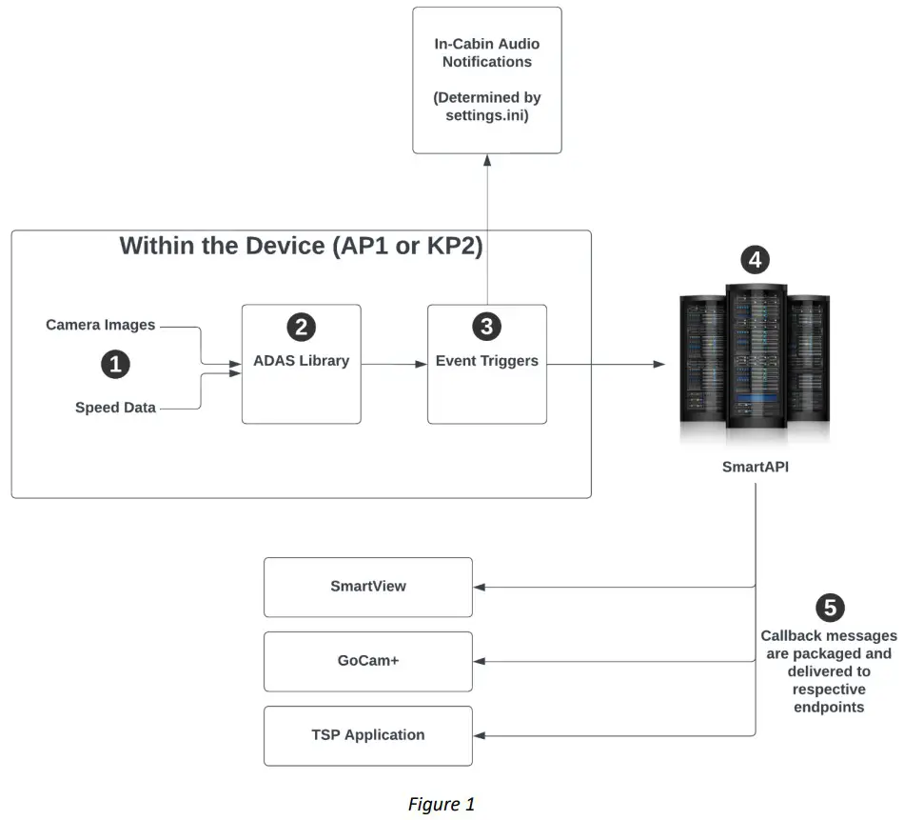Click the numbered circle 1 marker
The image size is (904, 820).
pyautogui.click(x=115, y=364)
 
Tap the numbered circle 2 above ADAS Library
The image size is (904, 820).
pyautogui.click(x=301, y=327)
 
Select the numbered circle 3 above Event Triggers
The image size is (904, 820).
pyautogui.click(x=486, y=327)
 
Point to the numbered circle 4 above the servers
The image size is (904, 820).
pyautogui.click(x=755, y=260)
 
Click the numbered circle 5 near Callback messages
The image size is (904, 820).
pyautogui.click(x=830, y=608)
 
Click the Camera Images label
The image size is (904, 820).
pyautogui.click(x=100, y=326)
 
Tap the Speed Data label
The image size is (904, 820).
pyautogui.click(x=115, y=408)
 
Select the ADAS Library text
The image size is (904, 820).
pyautogui.click(x=301, y=361)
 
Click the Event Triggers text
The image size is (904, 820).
pyautogui.click(x=486, y=361)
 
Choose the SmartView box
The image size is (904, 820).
pyautogui.click(x=367, y=587)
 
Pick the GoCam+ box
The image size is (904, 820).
pyautogui.click(x=367, y=661)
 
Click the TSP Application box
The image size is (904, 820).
pyautogui.click(x=367, y=735)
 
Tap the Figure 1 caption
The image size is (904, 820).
pyautogui.click(x=441, y=804)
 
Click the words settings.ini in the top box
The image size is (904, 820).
pyautogui.click(x=486, y=116)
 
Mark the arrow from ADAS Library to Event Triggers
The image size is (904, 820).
pyautogui.click(x=394, y=364)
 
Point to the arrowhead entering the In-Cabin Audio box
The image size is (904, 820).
pyautogui.click(x=487, y=159)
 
